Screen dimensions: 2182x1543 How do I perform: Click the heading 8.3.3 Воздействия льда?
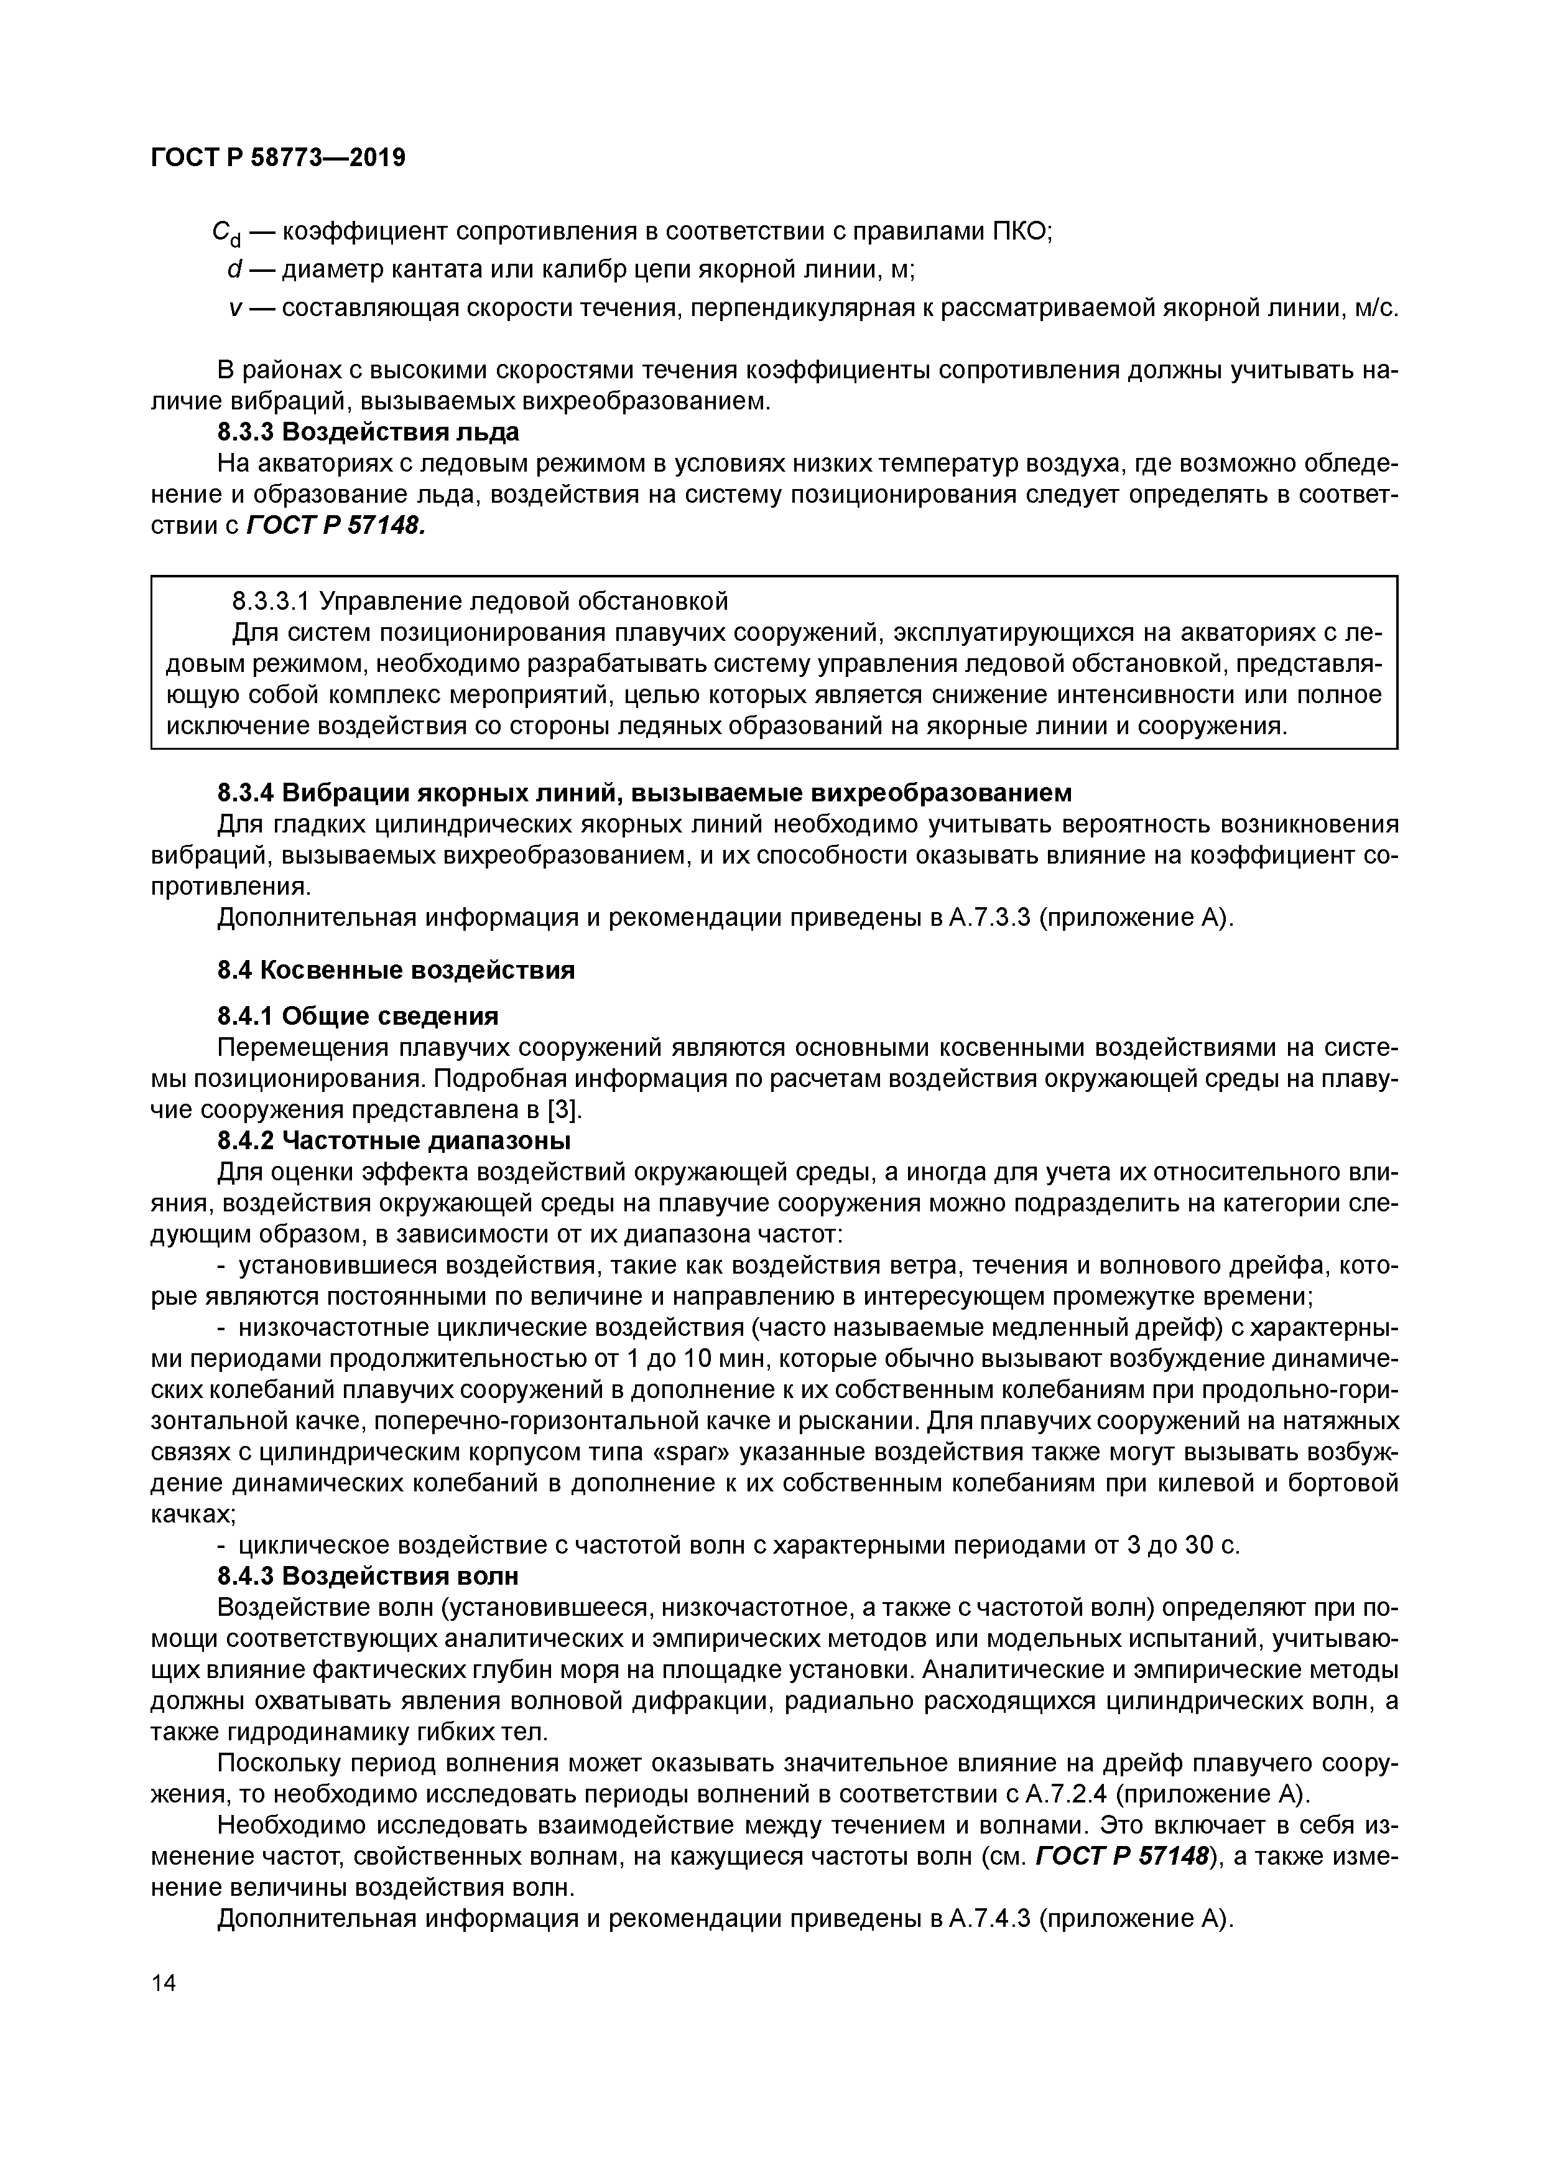369,432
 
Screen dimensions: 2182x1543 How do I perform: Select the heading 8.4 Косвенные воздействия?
396,971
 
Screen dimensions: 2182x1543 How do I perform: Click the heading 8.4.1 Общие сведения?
358,1016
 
